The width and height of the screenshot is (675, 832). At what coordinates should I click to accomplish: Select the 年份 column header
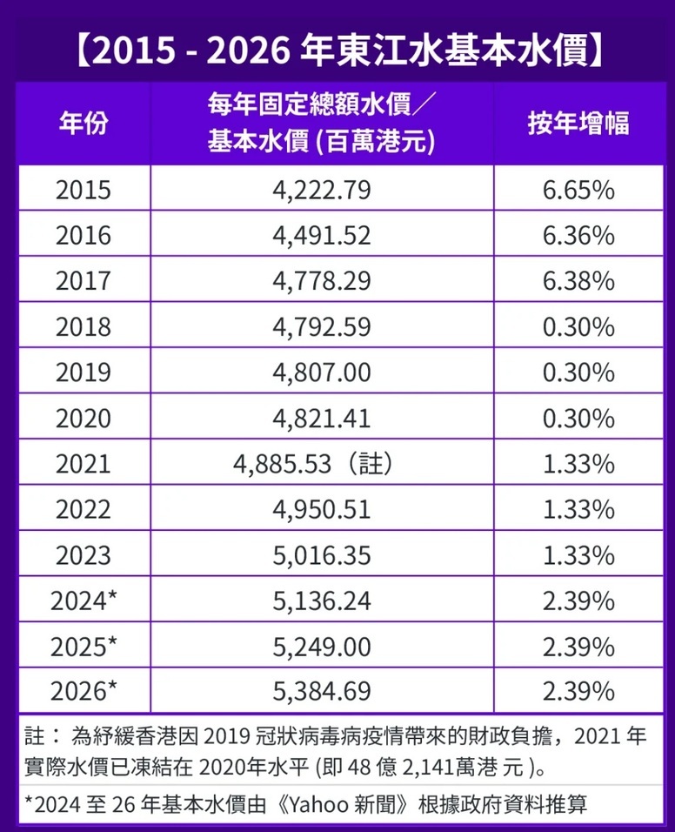84,124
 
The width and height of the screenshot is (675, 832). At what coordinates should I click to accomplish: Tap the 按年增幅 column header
578,124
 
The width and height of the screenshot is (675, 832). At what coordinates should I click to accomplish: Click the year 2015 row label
84,190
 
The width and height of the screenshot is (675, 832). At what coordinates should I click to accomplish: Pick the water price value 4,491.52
322,235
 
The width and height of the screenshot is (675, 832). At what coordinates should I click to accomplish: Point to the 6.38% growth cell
578,281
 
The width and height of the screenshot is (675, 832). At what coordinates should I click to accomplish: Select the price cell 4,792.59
322,327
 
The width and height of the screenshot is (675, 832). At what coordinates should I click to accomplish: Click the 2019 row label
84,372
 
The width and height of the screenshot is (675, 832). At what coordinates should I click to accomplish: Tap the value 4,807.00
322,372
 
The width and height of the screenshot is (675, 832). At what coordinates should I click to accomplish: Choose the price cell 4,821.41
322,419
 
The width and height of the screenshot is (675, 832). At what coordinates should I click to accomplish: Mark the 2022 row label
84,509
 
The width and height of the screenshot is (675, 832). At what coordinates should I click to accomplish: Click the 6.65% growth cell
578,190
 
